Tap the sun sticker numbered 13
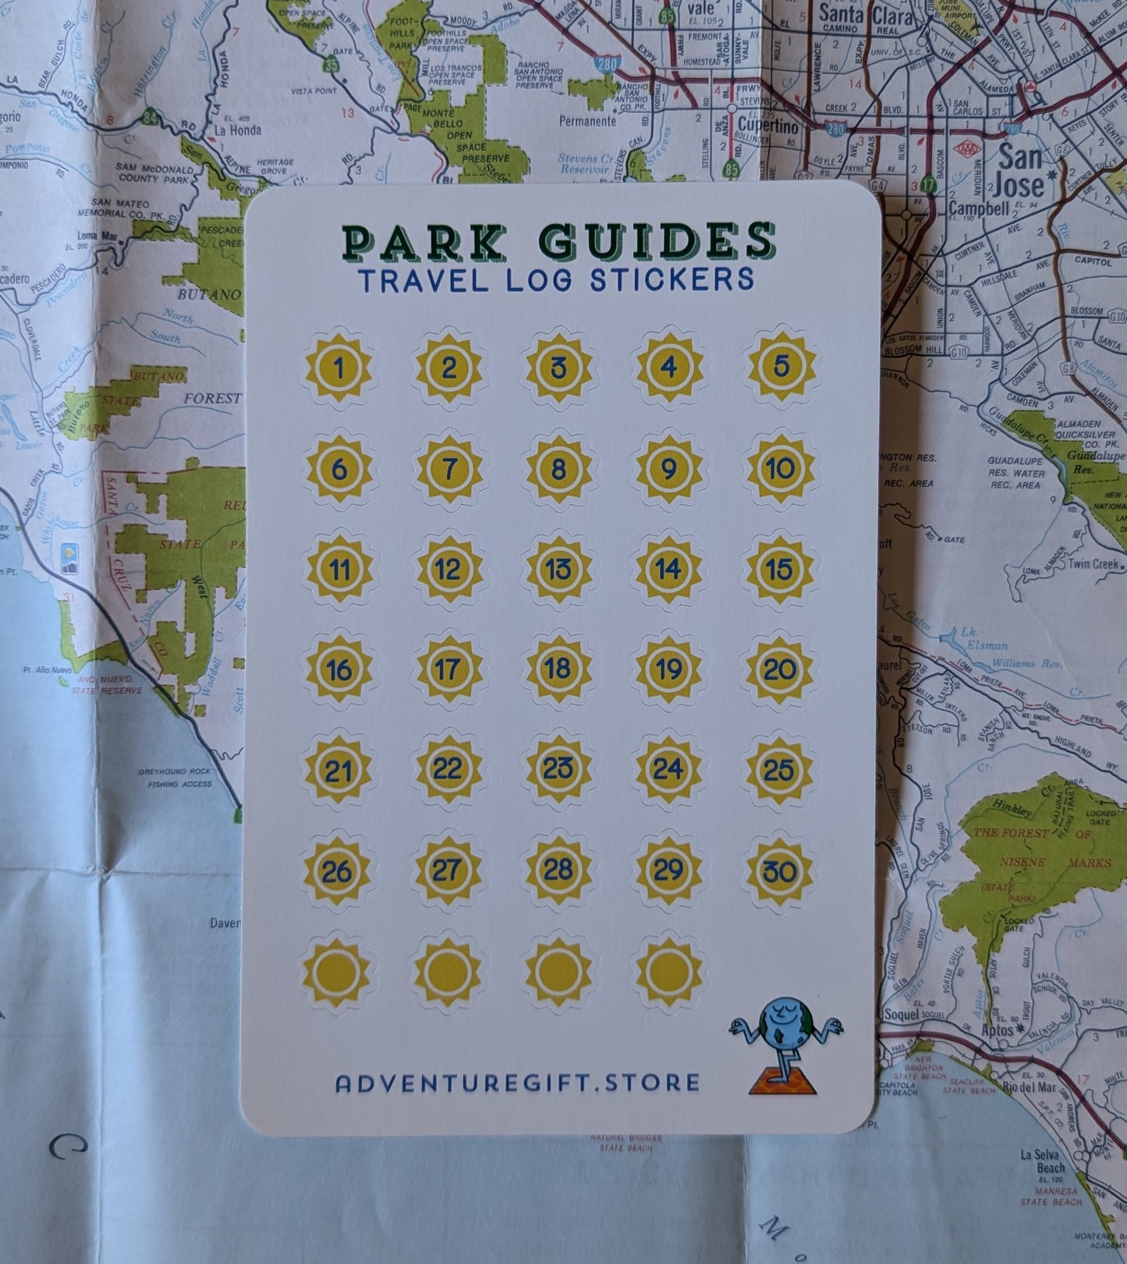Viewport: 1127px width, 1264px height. [558, 569]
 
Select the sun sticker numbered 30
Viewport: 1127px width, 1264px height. [780, 871]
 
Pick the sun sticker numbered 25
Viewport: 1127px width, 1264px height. [779, 770]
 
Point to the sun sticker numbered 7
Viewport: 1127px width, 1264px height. [449, 469]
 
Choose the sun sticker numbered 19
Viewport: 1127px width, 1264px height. [668, 669]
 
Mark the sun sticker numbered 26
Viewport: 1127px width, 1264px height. [338, 871]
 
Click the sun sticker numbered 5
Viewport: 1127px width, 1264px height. [781, 367]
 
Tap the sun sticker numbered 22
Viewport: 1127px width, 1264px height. [448, 770]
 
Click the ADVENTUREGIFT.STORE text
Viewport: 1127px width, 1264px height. [517, 1083]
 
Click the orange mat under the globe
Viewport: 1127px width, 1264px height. [782, 1085]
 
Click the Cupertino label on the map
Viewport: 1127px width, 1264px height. [768, 126]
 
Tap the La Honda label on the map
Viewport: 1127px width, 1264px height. [238, 130]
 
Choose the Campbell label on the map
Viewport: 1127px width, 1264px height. [979, 208]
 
